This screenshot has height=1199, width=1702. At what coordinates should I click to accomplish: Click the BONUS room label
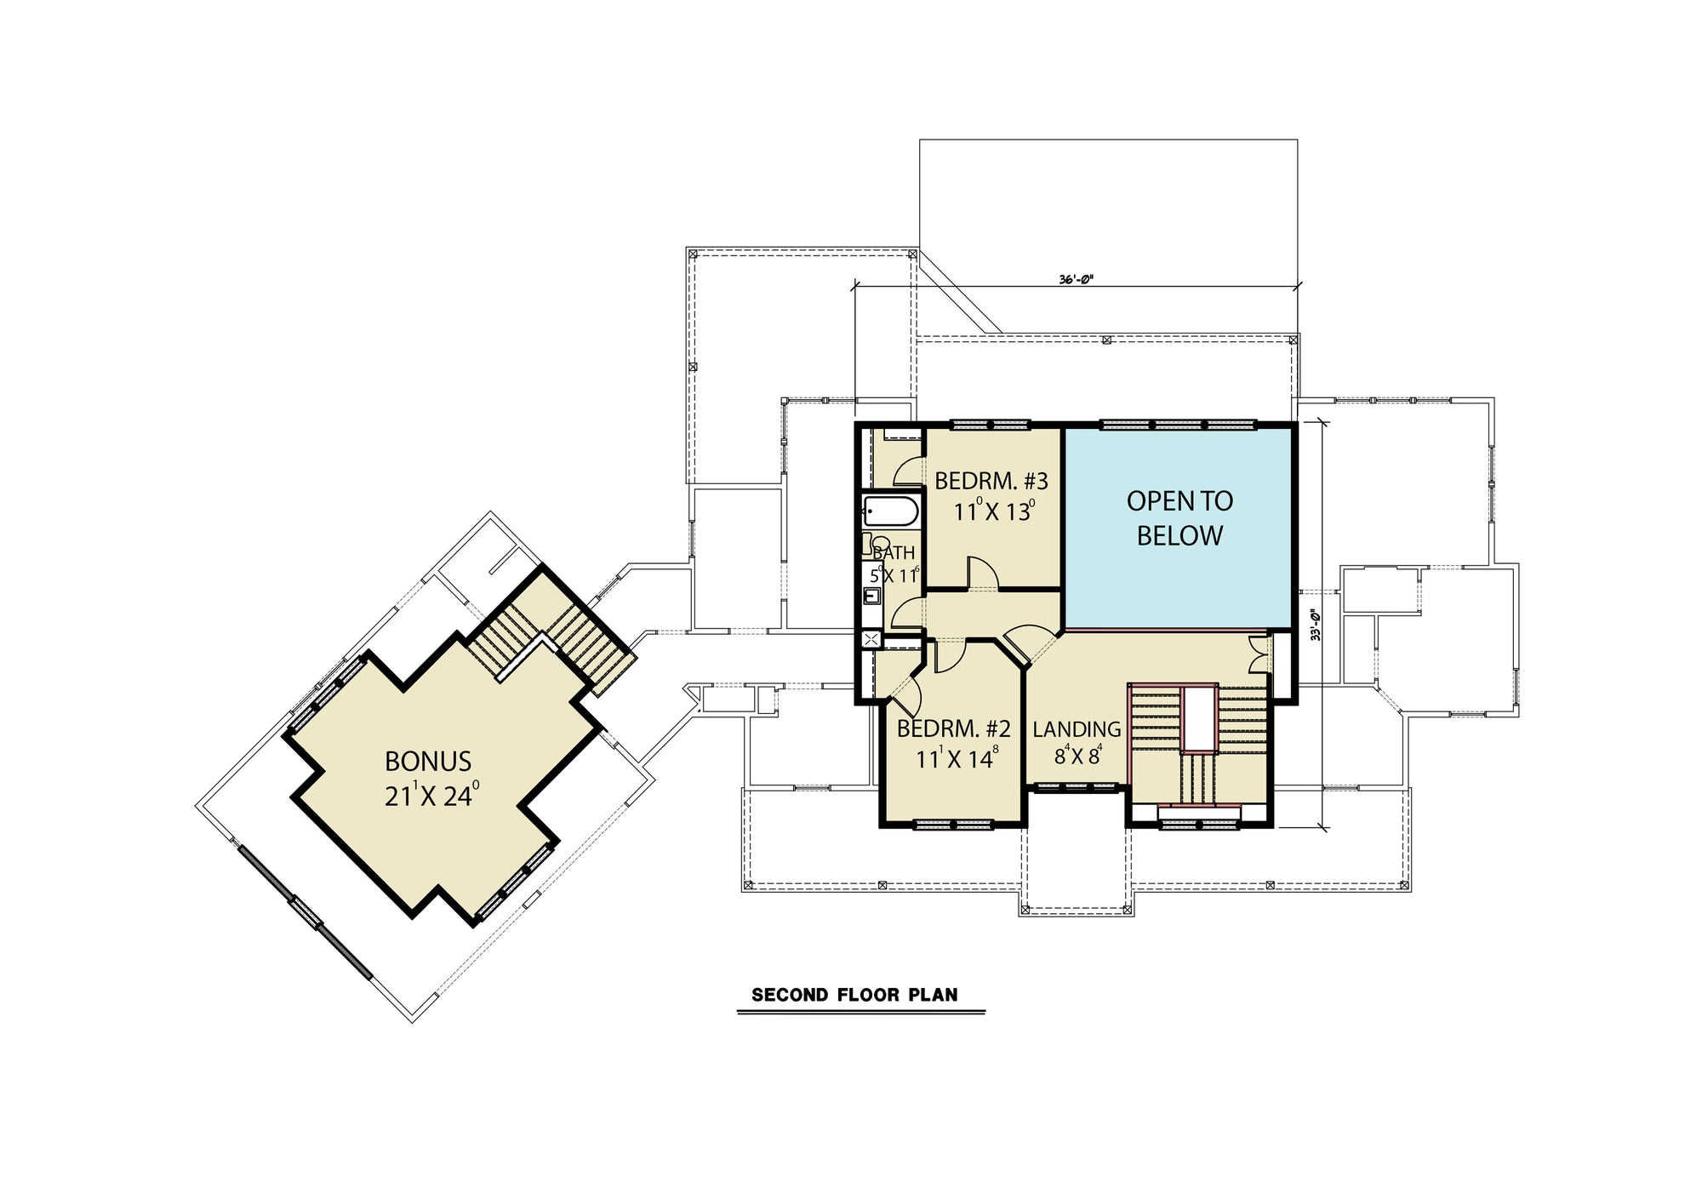428,761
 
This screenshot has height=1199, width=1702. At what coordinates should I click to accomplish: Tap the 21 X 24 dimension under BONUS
431,796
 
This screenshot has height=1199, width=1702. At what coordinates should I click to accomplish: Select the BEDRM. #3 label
991,482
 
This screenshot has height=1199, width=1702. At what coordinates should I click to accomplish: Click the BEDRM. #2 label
953,729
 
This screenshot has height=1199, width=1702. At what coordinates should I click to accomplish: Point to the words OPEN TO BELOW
1179,518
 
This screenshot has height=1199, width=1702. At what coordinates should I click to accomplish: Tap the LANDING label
1077,729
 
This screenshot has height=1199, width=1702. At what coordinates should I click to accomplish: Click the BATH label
894,553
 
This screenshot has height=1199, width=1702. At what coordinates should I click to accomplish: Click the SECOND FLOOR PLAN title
854,995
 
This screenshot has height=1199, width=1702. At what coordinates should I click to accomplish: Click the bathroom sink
871,595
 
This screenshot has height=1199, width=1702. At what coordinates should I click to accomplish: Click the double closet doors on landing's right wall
1259,654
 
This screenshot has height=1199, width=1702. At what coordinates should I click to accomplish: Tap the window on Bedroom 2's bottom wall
952,824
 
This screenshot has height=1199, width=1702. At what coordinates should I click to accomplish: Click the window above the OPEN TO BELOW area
1178,424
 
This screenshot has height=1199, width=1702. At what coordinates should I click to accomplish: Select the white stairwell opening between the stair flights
1199,719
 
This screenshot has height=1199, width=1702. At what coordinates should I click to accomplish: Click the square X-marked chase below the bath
871,640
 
